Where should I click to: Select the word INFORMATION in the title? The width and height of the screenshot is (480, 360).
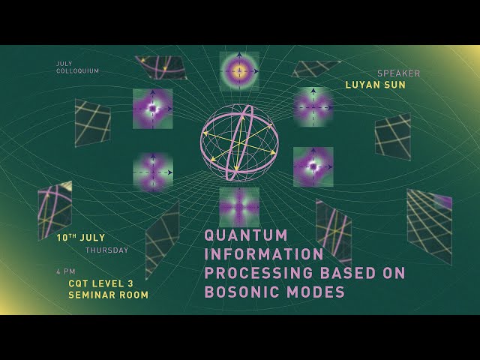[x=264, y=254]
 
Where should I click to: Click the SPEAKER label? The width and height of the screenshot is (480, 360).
[x=398, y=73]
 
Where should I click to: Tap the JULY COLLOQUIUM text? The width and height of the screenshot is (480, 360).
[x=77, y=67]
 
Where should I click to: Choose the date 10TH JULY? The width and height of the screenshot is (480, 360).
[x=81, y=238]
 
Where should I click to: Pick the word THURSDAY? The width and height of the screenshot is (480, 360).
[x=106, y=250]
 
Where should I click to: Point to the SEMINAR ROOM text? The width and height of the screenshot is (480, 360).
[x=108, y=295]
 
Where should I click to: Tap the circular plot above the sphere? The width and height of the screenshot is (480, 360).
[x=239, y=71]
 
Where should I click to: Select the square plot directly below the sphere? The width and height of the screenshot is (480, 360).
[x=239, y=207]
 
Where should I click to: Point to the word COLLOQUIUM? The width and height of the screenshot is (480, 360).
[x=77, y=71]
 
